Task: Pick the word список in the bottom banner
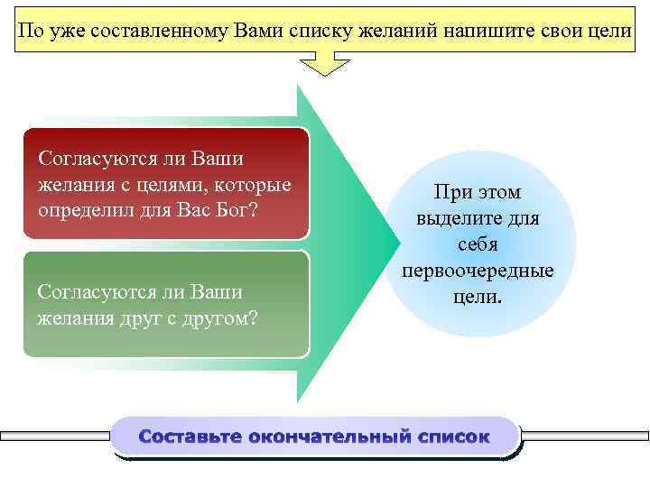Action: click(x=454, y=437)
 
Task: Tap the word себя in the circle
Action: click(x=477, y=245)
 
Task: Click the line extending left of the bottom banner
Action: click(x=54, y=436)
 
